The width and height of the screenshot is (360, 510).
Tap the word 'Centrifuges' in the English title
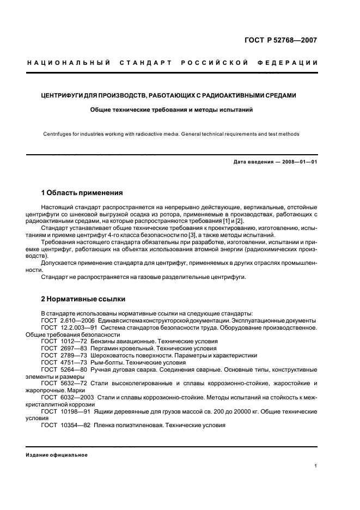tap(59, 134)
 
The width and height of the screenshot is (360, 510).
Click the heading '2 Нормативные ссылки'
tap(83, 299)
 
